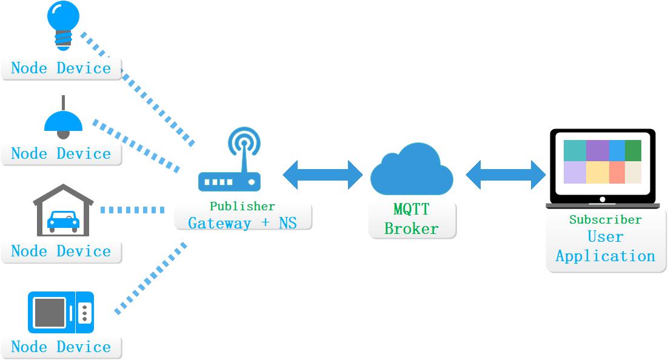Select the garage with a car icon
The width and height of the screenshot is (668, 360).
[x=63, y=211]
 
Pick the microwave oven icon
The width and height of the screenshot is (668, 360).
[x=61, y=312]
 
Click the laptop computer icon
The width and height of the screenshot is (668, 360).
[x=602, y=168]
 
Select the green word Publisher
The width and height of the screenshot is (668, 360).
[x=242, y=207]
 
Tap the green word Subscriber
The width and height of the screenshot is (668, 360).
[x=605, y=220]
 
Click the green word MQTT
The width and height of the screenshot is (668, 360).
[x=411, y=210]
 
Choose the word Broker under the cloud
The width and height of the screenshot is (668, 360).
[x=411, y=229]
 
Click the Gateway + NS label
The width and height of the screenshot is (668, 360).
[x=242, y=223]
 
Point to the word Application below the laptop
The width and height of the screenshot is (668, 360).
[x=605, y=256]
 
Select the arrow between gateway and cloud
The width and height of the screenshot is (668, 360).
[x=322, y=175]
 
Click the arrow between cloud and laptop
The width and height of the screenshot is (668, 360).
[x=505, y=175]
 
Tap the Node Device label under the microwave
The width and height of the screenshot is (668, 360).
[x=61, y=347]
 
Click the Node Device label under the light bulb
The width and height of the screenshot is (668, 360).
[x=61, y=68]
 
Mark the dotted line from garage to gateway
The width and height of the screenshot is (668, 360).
[x=132, y=210]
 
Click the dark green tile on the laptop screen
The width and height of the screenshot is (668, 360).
[x=633, y=151]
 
